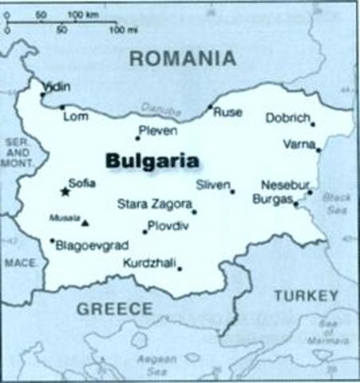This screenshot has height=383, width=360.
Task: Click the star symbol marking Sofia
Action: (65, 191)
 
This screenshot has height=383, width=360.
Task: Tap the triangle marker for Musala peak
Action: (85, 223)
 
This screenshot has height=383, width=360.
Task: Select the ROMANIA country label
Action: (183, 58)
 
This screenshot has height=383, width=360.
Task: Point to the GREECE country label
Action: (113, 308)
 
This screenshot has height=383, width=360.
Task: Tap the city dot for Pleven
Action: (137, 138)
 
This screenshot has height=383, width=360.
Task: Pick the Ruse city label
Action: (227, 113)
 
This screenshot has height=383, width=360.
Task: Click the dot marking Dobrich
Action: (313, 124)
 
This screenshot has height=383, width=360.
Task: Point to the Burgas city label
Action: (271, 199)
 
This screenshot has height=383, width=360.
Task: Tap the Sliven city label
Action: (212, 184)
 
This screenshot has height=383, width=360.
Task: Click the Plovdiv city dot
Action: (144, 232)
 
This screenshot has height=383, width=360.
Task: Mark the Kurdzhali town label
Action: (149, 262)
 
